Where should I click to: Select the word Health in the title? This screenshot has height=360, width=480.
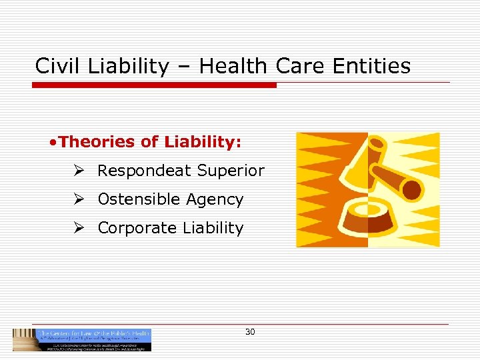(x=231, y=66)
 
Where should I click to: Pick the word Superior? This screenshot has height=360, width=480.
(x=231, y=171)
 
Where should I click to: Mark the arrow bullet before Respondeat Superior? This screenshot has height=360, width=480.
(x=79, y=171)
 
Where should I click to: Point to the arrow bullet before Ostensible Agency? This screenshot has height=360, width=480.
(x=79, y=199)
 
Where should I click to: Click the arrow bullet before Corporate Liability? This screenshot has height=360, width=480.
(x=79, y=228)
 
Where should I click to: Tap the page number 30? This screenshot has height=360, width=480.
(x=250, y=331)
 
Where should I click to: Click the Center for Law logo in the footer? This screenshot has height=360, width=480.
(x=82, y=339)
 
